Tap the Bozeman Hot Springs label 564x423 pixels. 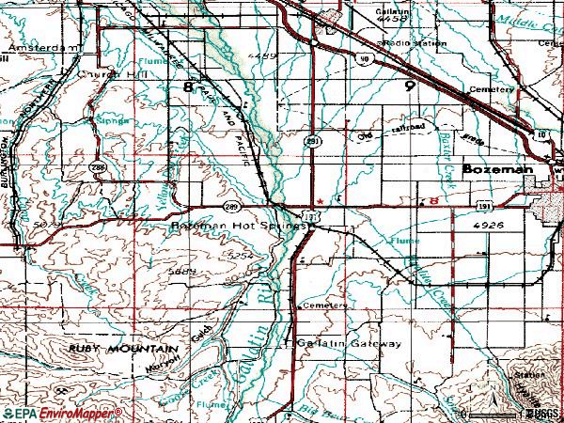click(x=237, y=227)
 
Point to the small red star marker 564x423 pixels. click(x=320, y=200)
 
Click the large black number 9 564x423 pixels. click(x=409, y=86)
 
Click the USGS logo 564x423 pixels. click(x=542, y=413)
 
